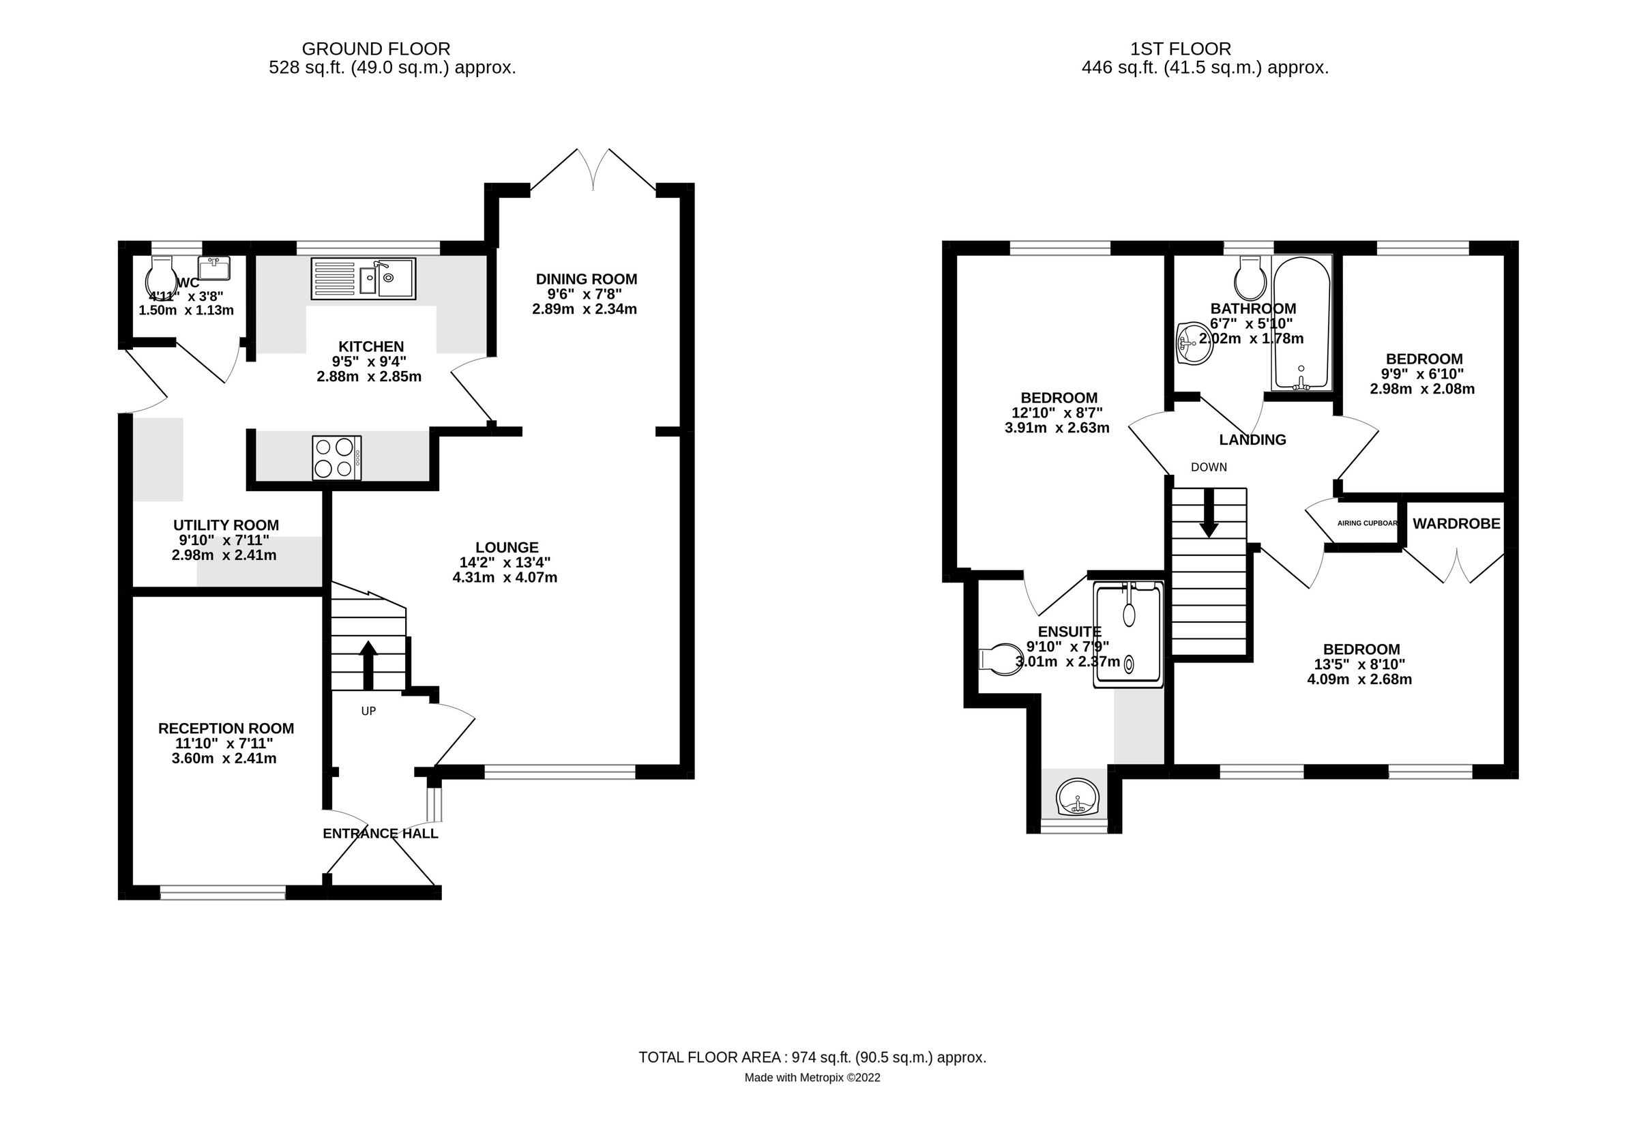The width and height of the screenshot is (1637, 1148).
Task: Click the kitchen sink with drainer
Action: point(363,278)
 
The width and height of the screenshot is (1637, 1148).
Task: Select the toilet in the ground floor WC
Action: point(162,278)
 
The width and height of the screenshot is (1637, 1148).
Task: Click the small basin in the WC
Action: point(214,269)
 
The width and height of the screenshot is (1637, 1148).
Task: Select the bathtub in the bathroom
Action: point(1301,323)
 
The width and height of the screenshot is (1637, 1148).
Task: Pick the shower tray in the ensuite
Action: point(1129,634)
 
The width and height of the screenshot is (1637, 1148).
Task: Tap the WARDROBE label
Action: point(1456,524)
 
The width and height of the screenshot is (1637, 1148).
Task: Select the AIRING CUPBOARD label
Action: point(1367,523)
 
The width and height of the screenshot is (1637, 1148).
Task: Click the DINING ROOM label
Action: point(586,279)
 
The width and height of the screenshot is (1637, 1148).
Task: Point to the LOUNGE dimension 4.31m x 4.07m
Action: point(505,578)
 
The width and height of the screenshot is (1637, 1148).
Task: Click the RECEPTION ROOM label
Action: point(226,728)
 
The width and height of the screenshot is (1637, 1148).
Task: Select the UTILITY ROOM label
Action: point(226,525)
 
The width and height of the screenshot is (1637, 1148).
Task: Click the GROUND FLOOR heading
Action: point(376,48)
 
